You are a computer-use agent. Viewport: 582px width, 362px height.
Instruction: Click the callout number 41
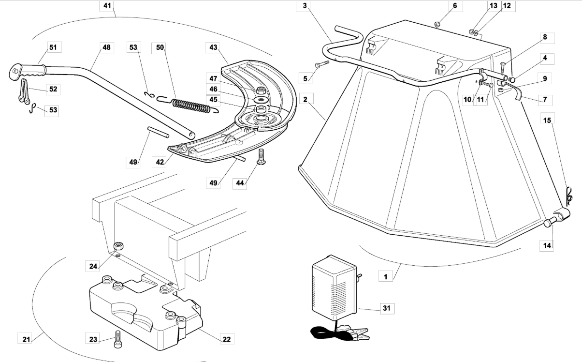tap(107, 6)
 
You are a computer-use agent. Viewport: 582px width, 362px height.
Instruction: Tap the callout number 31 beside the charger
tap(387, 308)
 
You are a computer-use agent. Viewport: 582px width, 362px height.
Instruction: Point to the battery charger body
tap(335, 287)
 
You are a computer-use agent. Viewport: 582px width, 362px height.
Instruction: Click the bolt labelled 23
tap(117, 339)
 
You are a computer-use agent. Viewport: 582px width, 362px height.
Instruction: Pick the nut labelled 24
tap(118, 246)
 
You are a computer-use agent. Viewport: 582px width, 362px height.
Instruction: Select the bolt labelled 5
tap(322, 64)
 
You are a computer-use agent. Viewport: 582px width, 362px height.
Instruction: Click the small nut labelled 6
tap(437, 25)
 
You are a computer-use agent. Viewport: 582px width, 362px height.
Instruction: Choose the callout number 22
tap(227, 339)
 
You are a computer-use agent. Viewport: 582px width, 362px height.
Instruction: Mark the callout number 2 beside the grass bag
tap(305, 99)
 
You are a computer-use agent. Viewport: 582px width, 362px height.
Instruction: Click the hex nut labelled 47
tap(261, 90)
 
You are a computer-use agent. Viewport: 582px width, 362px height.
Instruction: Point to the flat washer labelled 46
tap(261, 100)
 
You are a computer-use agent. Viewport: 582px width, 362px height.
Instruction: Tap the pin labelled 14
tap(550, 222)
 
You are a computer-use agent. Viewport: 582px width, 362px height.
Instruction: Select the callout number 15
tap(547, 120)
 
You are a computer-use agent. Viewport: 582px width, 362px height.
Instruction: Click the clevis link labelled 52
tap(24, 91)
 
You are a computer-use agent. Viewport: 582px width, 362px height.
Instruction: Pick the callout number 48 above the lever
tap(106, 47)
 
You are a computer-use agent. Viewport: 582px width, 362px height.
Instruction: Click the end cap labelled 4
tap(511, 79)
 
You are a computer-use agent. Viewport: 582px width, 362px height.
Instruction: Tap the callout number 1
tap(385, 277)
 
